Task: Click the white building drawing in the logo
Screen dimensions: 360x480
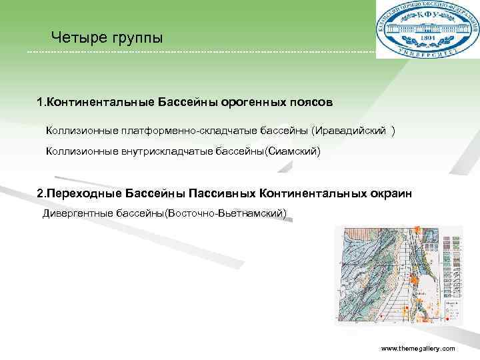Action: [427, 29]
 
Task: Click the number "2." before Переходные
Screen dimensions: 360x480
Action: [41, 193]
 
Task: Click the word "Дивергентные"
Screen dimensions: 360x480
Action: [73, 213]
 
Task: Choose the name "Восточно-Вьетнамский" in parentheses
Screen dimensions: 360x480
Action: [227, 213]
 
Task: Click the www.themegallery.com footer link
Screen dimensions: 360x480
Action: [417, 349]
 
